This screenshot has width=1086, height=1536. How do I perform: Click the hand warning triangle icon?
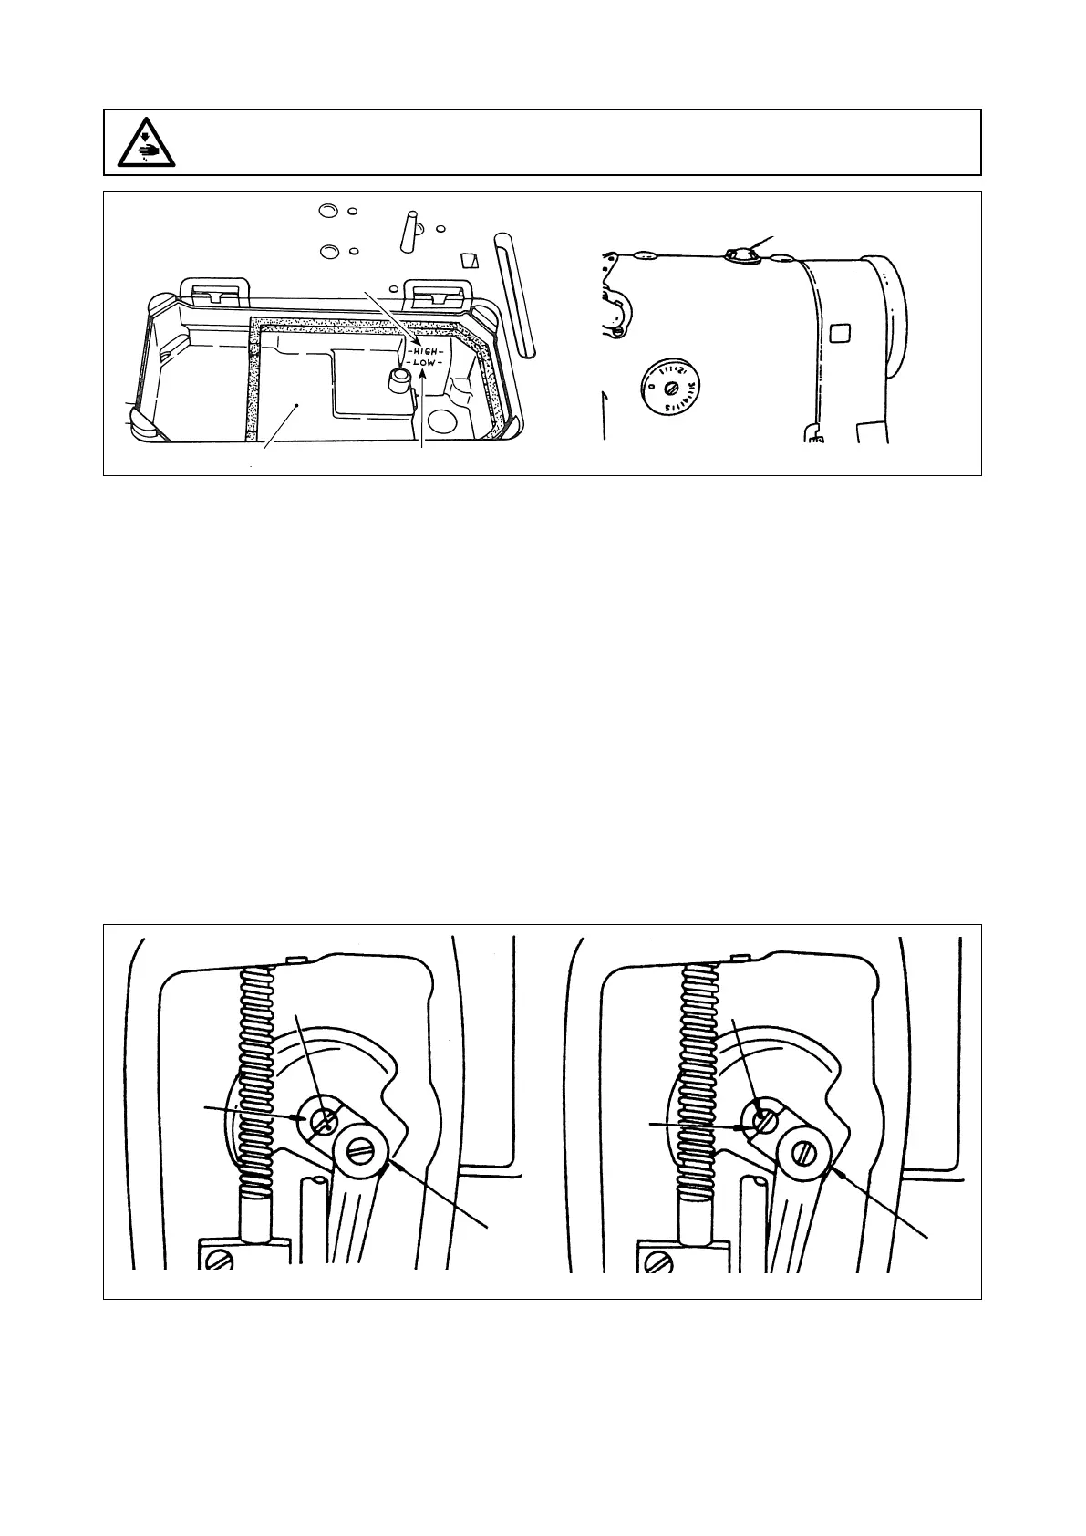point(147,142)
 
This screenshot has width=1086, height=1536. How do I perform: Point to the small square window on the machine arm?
point(840,333)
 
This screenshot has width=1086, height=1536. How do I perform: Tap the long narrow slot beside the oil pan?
point(514,294)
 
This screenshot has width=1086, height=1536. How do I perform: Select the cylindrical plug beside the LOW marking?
point(397,379)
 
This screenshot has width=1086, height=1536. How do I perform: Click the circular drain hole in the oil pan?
point(443,420)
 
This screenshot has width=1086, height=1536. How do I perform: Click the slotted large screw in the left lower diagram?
point(363,1151)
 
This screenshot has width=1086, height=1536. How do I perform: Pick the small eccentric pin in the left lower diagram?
point(323,1122)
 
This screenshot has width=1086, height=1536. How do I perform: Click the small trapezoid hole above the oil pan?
point(469,260)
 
